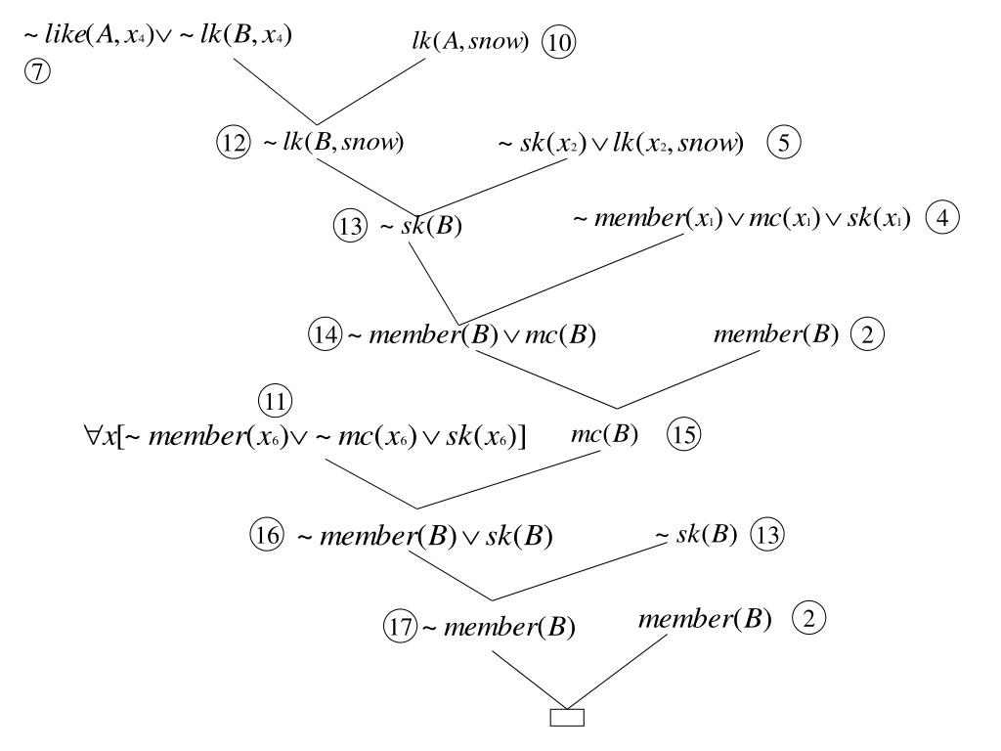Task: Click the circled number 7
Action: click(36, 72)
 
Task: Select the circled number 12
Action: click(233, 142)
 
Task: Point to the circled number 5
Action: click(784, 143)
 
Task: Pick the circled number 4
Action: click(942, 218)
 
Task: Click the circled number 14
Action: click(324, 335)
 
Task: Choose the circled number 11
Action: click(276, 401)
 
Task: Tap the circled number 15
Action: click(683, 435)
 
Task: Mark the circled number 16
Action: click(267, 536)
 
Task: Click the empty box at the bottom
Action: click(568, 718)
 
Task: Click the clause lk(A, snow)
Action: click(470, 42)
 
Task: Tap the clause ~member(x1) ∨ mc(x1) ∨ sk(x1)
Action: click(742, 219)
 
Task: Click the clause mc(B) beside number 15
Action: click(604, 434)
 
